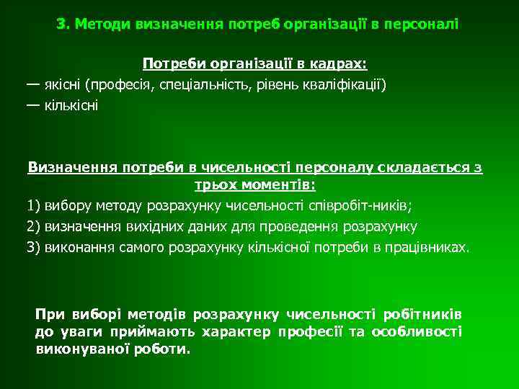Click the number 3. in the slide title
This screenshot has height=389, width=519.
[x=63, y=24]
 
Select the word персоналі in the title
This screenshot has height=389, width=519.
[x=421, y=24]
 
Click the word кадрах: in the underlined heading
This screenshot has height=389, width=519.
[x=339, y=65]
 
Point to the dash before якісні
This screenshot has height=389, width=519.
[x=33, y=85]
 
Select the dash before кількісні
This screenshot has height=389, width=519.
[x=33, y=105]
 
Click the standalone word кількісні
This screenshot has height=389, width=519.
[x=71, y=105]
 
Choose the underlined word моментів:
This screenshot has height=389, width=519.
[x=278, y=185]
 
